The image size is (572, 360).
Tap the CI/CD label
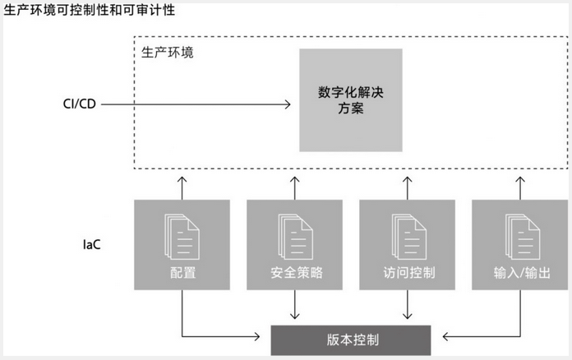[x=79, y=104]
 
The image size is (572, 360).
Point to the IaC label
[x=91, y=244]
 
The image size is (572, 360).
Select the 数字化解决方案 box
[x=351, y=99]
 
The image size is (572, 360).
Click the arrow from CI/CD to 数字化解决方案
[x=197, y=104]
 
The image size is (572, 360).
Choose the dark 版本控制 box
[x=351, y=338]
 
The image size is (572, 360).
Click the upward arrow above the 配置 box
[x=182, y=183]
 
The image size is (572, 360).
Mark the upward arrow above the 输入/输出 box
[x=522, y=183]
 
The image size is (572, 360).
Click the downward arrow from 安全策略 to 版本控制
[x=295, y=307]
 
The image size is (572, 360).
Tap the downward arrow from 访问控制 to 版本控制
[x=408, y=307]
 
